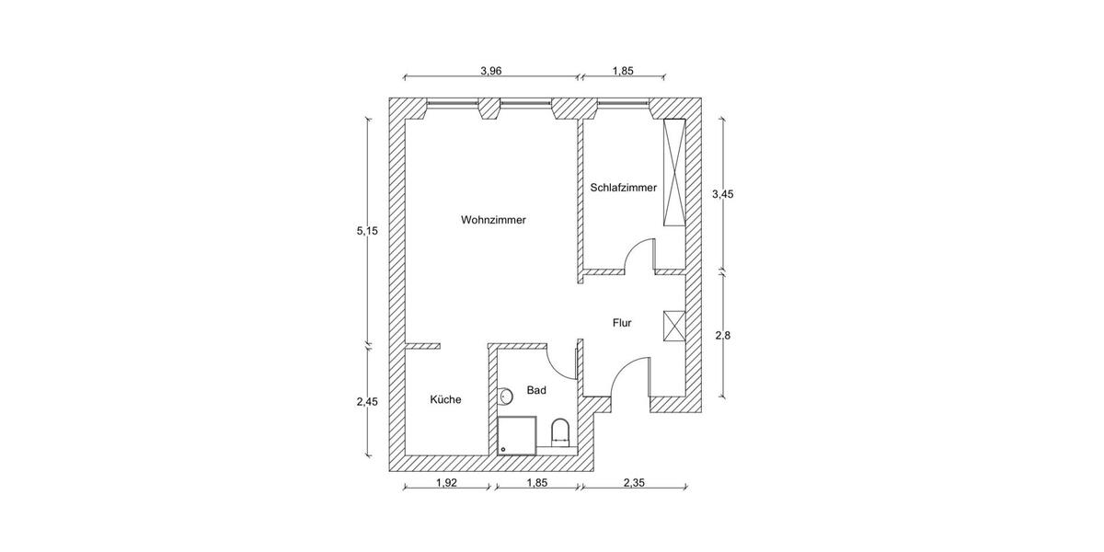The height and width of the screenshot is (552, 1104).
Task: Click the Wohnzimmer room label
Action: [x=493, y=220]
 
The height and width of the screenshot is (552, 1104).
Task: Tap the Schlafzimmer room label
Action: [x=623, y=188]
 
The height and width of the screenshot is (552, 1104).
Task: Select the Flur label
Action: [x=622, y=323]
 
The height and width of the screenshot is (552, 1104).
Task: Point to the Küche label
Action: [x=445, y=400]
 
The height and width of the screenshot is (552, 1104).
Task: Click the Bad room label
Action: [x=536, y=391]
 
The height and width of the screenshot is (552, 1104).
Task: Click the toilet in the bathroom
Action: [x=559, y=431]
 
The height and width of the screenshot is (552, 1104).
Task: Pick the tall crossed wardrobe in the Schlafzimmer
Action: [x=674, y=172]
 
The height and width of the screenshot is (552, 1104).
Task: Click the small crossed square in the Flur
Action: [x=674, y=327]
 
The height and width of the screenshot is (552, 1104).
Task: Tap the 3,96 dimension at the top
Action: [x=490, y=71]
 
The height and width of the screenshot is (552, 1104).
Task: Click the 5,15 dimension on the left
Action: [x=368, y=230]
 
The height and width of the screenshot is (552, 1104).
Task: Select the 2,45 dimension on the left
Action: [x=368, y=401]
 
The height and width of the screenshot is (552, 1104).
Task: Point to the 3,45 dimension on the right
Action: [x=723, y=194]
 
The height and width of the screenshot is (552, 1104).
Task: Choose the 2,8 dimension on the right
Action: [x=723, y=336]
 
